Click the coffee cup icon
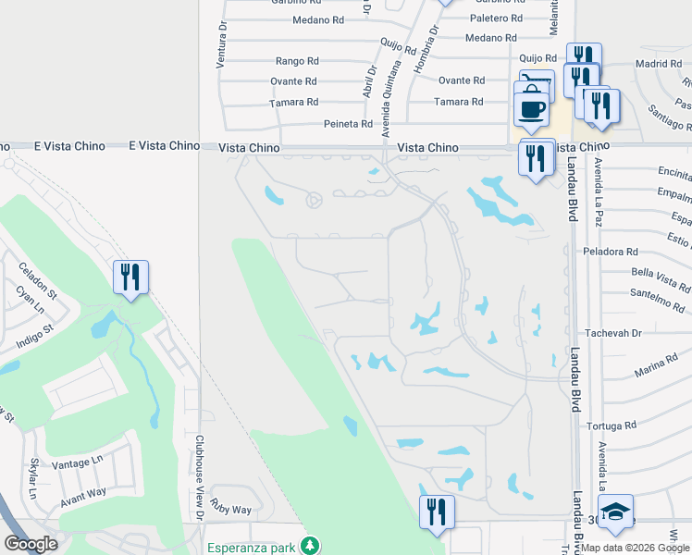pyautogui.click(x=532, y=109)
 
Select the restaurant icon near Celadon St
pyautogui.click(x=130, y=276)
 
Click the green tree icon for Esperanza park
pyautogui.click(x=313, y=546)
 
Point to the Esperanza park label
pyautogui.click(x=252, y=547)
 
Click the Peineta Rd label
pyautogui.click(x=348, y=124)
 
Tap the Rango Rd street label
pyautogui.click(x=297, y=61)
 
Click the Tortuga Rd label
pyautogui.click(x=612, y=425)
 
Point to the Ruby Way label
pyautogui.click(x=230, y=509)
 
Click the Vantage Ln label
pyautogui.click(x=78, y=462)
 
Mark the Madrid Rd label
pyautogui.click(x=659, y=64)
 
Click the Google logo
pyautogui.click(x=31, y=544)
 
